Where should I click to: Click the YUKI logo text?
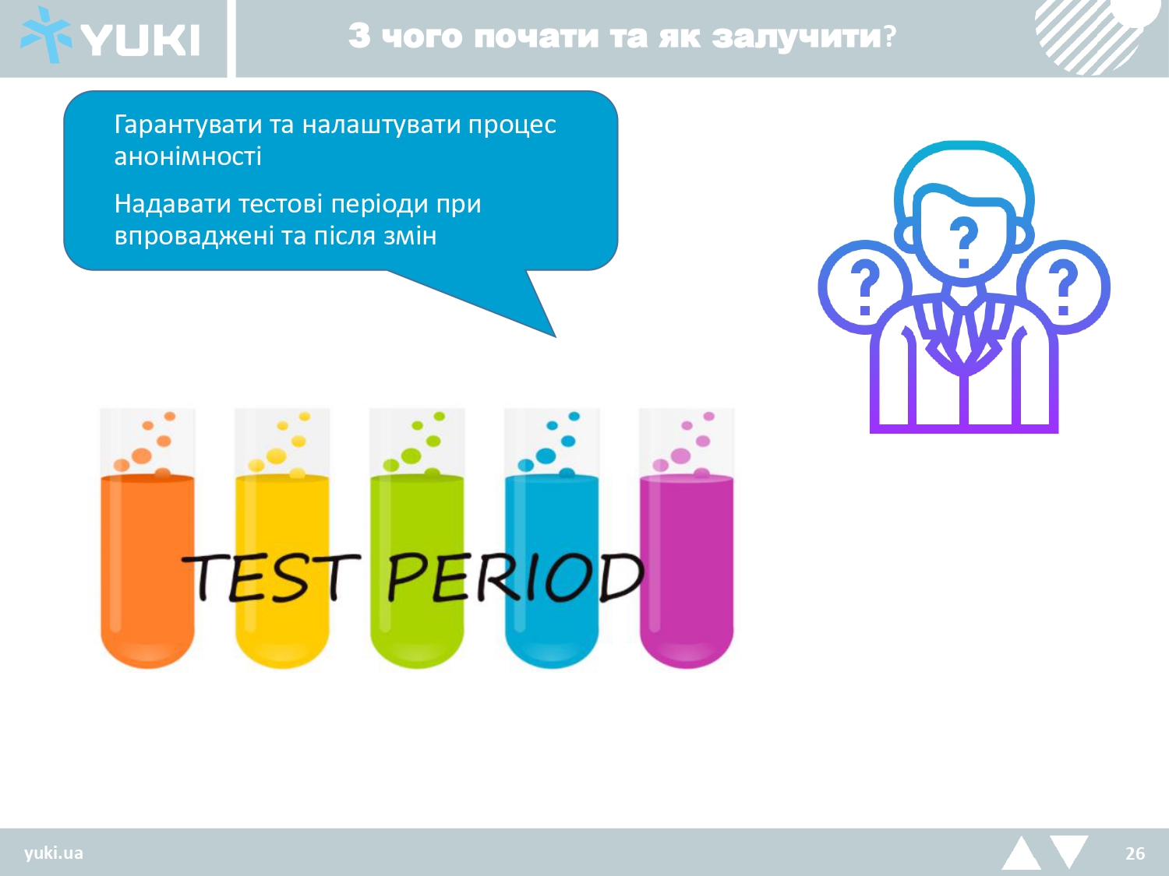pos(140,40)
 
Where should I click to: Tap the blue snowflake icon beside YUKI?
pos(46,35)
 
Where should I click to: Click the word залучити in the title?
pos(796,37)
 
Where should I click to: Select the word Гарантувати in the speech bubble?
pos(188,125)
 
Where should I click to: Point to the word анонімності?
pos(188,157)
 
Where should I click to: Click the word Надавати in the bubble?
pos(172,204)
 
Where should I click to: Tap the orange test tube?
pos(147,538)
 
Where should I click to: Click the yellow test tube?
pos(282,538)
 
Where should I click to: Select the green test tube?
pos(417,538)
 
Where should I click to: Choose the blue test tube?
pos(552,538)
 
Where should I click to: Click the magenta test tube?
pos(687,538)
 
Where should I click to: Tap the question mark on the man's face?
pos(963,241)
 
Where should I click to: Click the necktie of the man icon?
pos(963,334)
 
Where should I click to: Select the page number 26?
pos(1135,853)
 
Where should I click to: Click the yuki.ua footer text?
pos(54,853)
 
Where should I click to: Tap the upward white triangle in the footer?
pos(1022,854)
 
